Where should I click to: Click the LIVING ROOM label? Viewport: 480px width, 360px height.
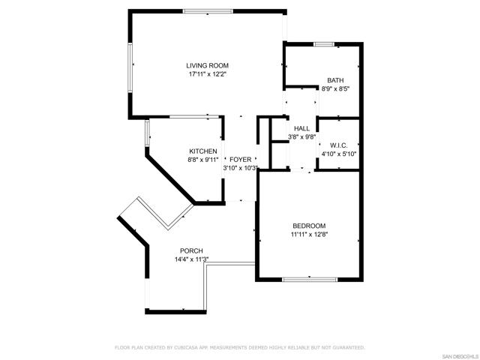207,65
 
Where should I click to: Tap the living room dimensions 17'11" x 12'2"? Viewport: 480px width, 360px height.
207,74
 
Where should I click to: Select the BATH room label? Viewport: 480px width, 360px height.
335,80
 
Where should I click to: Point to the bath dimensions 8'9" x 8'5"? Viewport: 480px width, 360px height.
335,89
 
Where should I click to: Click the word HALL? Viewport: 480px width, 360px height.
301,128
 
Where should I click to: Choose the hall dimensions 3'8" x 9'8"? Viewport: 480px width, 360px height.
301,137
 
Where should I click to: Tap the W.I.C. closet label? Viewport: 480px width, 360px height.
338,145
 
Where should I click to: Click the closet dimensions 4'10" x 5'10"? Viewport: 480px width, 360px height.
338,154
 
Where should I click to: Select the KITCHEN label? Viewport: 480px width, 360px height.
203,151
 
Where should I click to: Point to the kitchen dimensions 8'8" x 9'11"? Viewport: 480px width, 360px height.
203,160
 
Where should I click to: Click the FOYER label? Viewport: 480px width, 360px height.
240,160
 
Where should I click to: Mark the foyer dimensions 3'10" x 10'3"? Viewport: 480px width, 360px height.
241,168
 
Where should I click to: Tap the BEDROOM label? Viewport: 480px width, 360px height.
309,226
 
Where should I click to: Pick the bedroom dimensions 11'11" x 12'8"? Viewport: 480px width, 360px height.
309,235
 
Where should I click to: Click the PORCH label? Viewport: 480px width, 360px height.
191,251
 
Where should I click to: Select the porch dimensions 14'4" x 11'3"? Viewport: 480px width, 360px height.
191,259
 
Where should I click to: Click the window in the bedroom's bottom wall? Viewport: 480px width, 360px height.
310,279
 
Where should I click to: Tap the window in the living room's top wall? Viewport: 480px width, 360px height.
208,11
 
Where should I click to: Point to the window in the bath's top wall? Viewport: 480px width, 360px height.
324,44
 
